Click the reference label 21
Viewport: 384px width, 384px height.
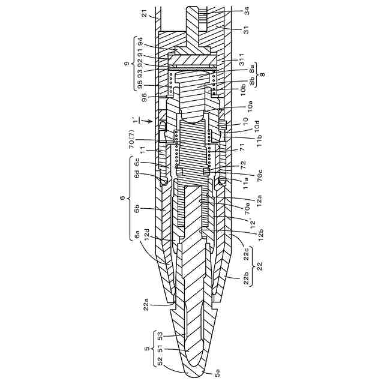click(145, 13)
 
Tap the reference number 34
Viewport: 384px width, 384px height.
click(247, 11)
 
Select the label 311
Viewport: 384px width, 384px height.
click(242, 60)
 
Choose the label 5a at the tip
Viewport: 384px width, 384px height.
click(217, 373)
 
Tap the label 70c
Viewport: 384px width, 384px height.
click(260, 175)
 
